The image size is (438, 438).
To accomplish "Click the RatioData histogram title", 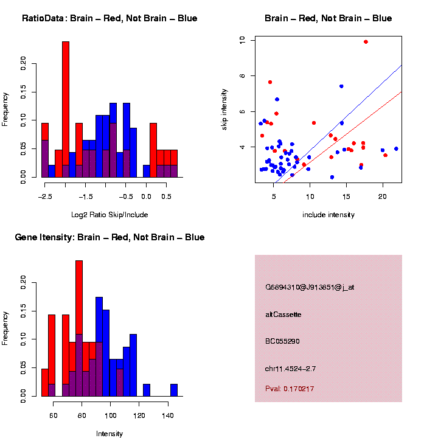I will (x=109, y=18).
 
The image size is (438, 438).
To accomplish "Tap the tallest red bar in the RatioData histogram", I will (x=66, y=109).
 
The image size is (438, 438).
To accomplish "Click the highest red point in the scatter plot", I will (x=366, y=41).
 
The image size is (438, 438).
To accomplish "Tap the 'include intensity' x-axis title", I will (x=328, y=215).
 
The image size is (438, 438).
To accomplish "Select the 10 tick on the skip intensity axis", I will (x=242, y=40).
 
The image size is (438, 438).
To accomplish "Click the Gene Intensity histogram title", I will (x=109, y=237).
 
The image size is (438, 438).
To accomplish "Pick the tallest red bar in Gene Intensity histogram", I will (x=79, y=328).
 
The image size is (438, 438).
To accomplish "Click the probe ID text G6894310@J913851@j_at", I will (x=310, y=287).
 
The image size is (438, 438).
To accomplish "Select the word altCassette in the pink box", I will (x=283, y=315).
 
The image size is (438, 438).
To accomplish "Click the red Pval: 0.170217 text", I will (x=290, y=389).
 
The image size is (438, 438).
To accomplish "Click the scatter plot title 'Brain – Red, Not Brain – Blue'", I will (x=328, y=18).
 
